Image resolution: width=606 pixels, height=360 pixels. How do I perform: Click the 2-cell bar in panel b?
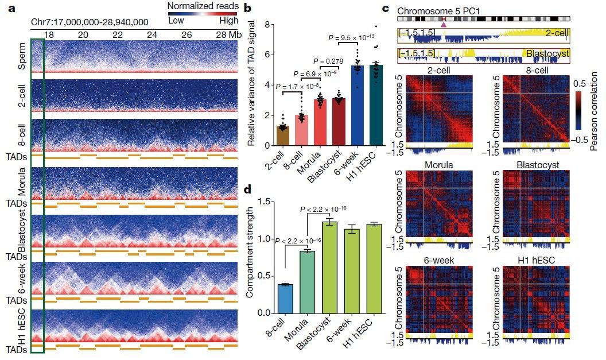[282, 136]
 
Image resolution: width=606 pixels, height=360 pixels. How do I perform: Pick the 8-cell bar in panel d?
[285, 299]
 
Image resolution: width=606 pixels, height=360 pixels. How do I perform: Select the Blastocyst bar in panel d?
[330, 267]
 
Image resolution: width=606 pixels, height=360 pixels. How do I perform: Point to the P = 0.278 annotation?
[331, 61]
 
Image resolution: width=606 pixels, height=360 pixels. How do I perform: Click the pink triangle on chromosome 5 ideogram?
[443, 24]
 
